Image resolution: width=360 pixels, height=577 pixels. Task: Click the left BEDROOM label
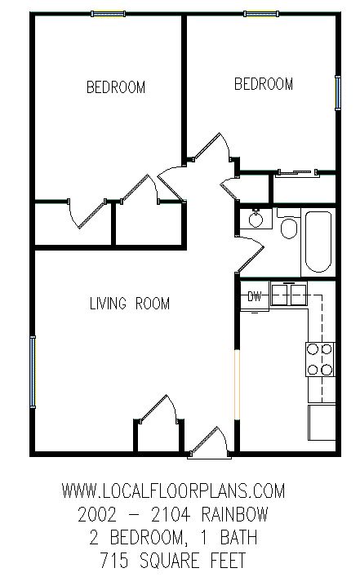pyautogui.click(x=116, y=87)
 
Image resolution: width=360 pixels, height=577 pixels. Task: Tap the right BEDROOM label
pyautogui.click(x=264, y=84)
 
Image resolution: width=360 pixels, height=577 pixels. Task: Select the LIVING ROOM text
pyautogui.click(x=130, y=304)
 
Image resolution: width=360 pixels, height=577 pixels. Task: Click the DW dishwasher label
pyautogui.click(x=255, y=296)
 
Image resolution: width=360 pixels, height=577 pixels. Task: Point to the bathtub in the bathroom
pyautogui.click(x=318, y=242)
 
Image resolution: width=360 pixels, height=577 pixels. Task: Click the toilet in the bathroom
pyautogui.click(x=289, y=224)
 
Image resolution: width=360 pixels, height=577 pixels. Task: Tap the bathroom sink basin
pyautogui.click(x=256, y=219)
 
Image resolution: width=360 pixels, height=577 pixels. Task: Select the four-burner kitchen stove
pyautogui.click(x=320, y=359)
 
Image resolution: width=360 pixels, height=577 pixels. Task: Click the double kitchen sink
pyautogui.click(x=289, y=295)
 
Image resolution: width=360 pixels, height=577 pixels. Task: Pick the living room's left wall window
pyautogui.click(x=33, y=371)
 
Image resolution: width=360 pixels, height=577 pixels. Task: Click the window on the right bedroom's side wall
pyautogui.click(x=337, y=92)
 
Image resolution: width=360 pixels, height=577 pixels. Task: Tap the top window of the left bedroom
pyautogui.click(x=109, y=14)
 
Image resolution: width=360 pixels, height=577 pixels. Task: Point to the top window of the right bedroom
pyautogui.click(x=261, y=14)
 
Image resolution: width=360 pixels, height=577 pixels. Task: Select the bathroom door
pyautogui.click(x=251, y=254)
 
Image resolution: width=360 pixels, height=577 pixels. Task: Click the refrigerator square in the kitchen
pyautogui.click(x=322, y=422)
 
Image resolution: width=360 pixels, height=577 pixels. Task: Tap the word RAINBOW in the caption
pyautogui.click(x=235, y=514)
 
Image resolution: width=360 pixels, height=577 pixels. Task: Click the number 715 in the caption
pyautogui.click(x=114, y=561)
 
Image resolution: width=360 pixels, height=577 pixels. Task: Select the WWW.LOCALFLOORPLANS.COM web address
pyautogui.click(x=173, y=490)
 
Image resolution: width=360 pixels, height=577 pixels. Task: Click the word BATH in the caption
pyautogui.click(x=238, y=537)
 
